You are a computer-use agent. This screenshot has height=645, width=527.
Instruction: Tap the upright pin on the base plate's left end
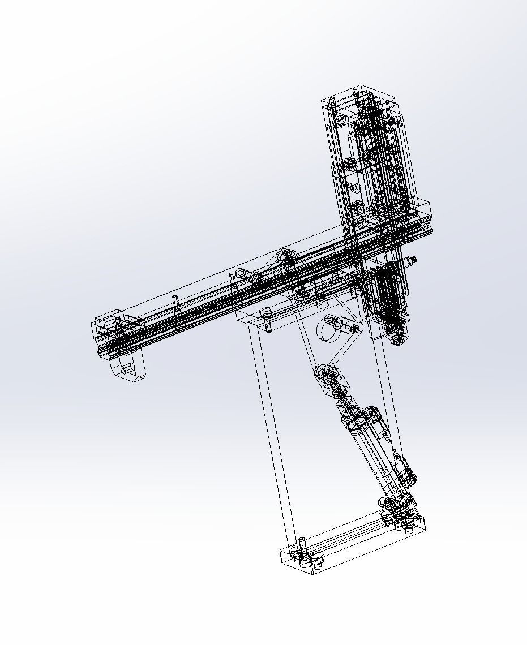point(302,547)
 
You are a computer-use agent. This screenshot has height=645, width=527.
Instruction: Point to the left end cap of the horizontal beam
point(108,325)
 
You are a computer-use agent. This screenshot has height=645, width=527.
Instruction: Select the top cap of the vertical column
point(359,96)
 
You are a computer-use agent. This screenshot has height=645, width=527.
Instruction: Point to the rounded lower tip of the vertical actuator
point(398,339)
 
